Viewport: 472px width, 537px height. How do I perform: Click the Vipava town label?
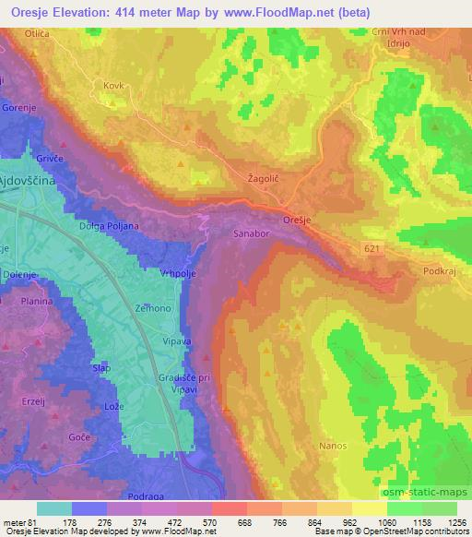pyautogui.click(x=179, y=340)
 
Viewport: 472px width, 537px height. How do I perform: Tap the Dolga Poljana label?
pyautogui.click(x=109, y=225)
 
